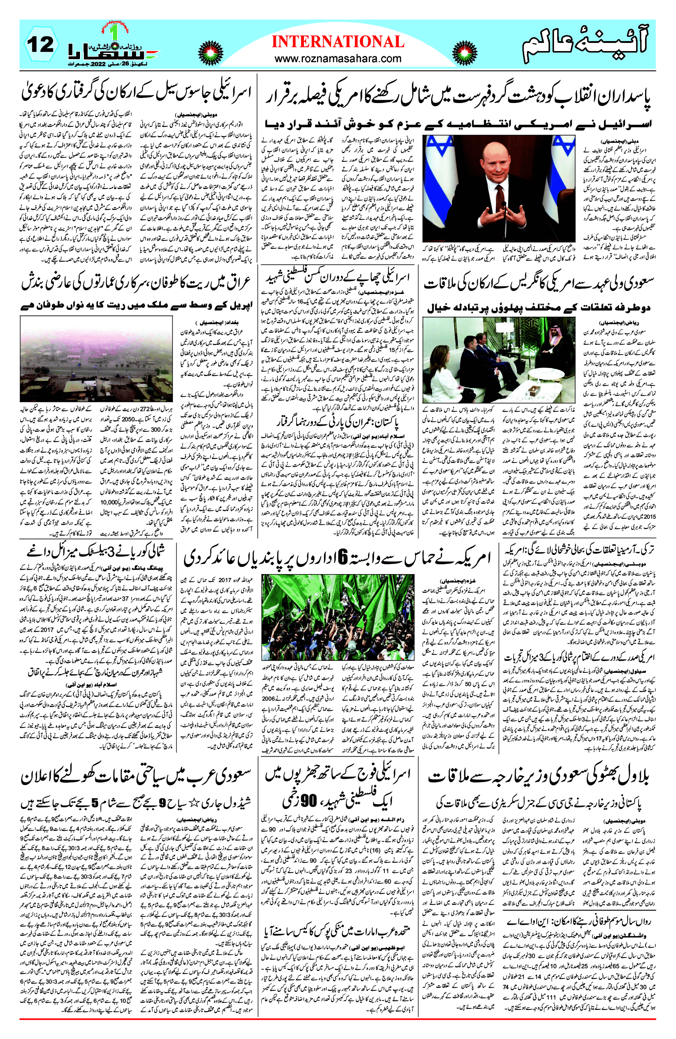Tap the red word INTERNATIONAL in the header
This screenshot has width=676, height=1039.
[338, 42]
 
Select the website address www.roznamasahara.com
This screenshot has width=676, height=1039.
[338, 58]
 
